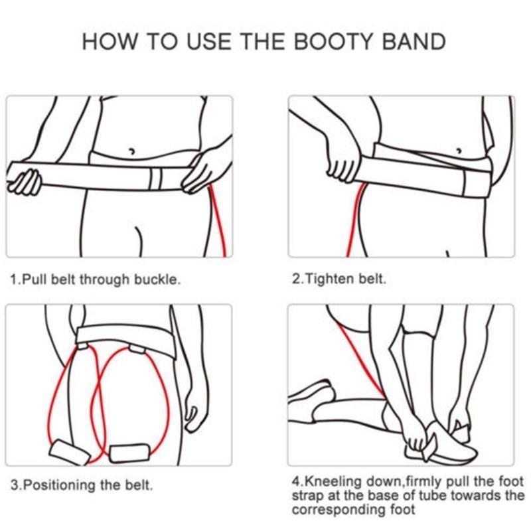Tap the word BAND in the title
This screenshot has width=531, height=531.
coord(416,42)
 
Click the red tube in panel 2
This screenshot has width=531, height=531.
coord(352,219)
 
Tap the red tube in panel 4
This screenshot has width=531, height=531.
coord(362,358)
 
